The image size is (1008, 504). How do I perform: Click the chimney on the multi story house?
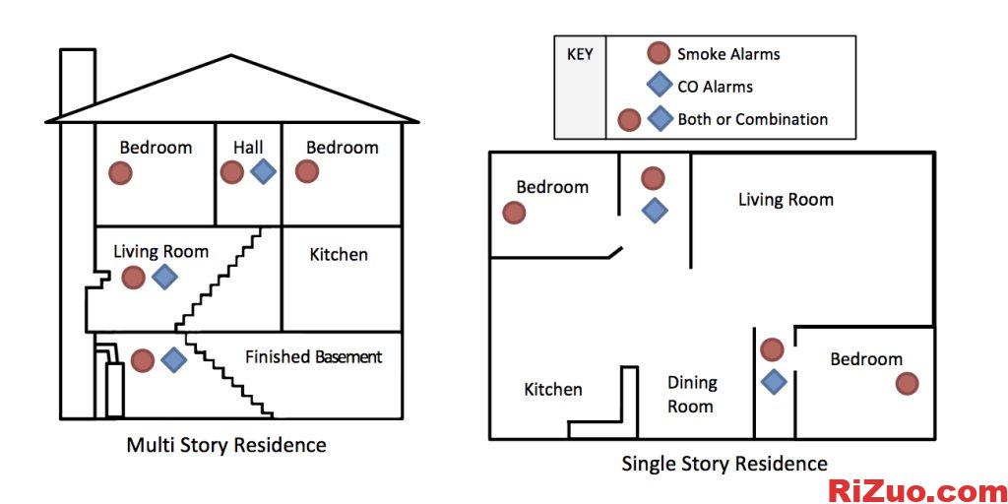78,81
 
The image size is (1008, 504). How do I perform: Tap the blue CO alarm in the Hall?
263,171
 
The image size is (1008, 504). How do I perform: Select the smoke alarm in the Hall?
232,172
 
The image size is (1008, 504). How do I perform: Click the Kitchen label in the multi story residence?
339,255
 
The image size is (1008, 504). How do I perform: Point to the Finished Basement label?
313,357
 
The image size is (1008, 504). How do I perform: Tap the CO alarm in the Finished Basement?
174,360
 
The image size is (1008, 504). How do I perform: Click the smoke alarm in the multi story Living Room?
133,278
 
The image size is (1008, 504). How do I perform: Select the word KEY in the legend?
580,54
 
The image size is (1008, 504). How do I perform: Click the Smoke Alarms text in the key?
728,54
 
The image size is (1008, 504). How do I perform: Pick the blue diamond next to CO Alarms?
660,86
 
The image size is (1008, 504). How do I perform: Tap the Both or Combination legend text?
752,119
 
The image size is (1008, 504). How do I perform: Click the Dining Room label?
692,394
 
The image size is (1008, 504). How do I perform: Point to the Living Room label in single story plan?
786,200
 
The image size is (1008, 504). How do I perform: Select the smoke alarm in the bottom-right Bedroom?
907,384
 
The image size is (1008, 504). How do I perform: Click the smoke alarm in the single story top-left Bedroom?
513,213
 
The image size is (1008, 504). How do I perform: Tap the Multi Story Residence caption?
226,445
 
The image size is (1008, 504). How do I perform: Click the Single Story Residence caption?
724,463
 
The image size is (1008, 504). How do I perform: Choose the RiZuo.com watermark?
916,489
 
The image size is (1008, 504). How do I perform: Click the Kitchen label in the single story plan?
552,390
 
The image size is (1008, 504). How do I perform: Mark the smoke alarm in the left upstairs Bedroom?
120,173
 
